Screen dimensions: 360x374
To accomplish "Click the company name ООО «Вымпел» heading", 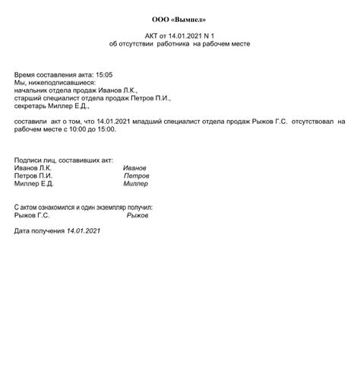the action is click(179, 19).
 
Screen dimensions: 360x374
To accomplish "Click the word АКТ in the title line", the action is click(153, 36).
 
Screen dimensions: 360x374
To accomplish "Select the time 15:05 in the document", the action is click(103, 74).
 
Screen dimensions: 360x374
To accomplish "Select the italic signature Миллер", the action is click(136, 184).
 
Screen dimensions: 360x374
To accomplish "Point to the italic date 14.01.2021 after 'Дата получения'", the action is click(83, 230).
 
